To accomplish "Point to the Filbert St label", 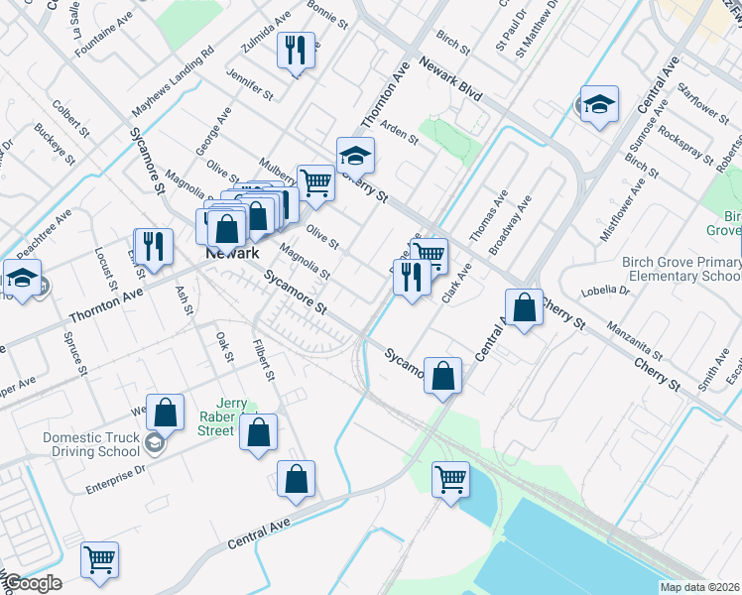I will point(262,360).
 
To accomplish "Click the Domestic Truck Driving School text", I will point(91,444).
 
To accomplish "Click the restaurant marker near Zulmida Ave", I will point(295,52).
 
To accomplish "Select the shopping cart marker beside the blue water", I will point(450,480).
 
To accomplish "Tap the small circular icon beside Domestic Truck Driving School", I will point(154,443).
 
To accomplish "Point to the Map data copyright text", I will point(698,587).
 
